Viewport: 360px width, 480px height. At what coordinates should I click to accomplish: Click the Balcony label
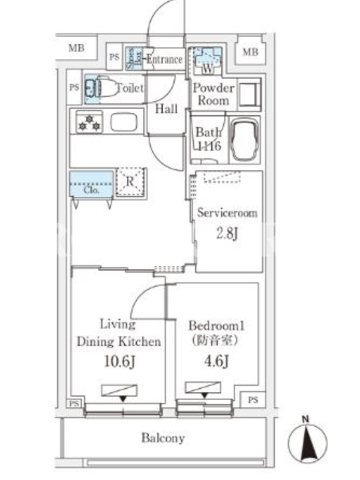[x=163, y=438]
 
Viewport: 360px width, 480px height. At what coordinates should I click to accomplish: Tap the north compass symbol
[x=307, y=442]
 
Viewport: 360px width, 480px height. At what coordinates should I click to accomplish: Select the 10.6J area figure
[x=119, y=361]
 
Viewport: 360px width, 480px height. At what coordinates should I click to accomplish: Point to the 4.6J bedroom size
[x=217, y=361]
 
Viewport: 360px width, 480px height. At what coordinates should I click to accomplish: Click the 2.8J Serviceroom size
[x=227, y=233]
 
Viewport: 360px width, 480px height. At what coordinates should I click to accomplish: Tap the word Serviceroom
[x=227, y=212]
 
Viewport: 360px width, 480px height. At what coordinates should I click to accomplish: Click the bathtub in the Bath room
[x=245, y=140]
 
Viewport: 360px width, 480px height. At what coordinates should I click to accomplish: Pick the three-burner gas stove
[x=89, y=122]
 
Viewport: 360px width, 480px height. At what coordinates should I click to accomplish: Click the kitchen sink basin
[x=124, y=122]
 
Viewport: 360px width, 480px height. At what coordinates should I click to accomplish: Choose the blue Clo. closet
[x=91, y=184]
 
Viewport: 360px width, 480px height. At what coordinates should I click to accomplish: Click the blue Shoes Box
[x=134, y=58]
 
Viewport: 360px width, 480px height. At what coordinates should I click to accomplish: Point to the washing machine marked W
[x=208, y=61]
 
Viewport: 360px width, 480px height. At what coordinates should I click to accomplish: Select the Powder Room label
[x=214, y=94]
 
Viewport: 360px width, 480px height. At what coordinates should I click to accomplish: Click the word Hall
[x=166, y=109]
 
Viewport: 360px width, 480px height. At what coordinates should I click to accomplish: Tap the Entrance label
[x=164, y=59]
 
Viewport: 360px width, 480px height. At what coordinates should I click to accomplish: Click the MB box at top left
[x=77, y=48]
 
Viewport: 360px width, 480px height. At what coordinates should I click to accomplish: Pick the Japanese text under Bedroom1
[x=215, y=340]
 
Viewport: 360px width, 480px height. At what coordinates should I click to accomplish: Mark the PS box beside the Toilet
[x=74, y=88]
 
